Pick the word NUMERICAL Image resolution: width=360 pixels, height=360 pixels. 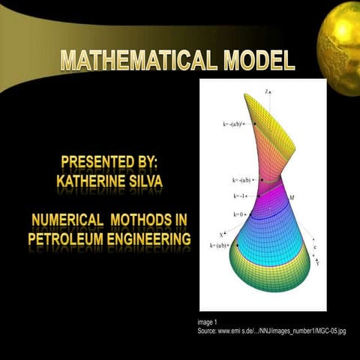coord(67,220)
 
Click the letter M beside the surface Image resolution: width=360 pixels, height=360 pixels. coord(291,196)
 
